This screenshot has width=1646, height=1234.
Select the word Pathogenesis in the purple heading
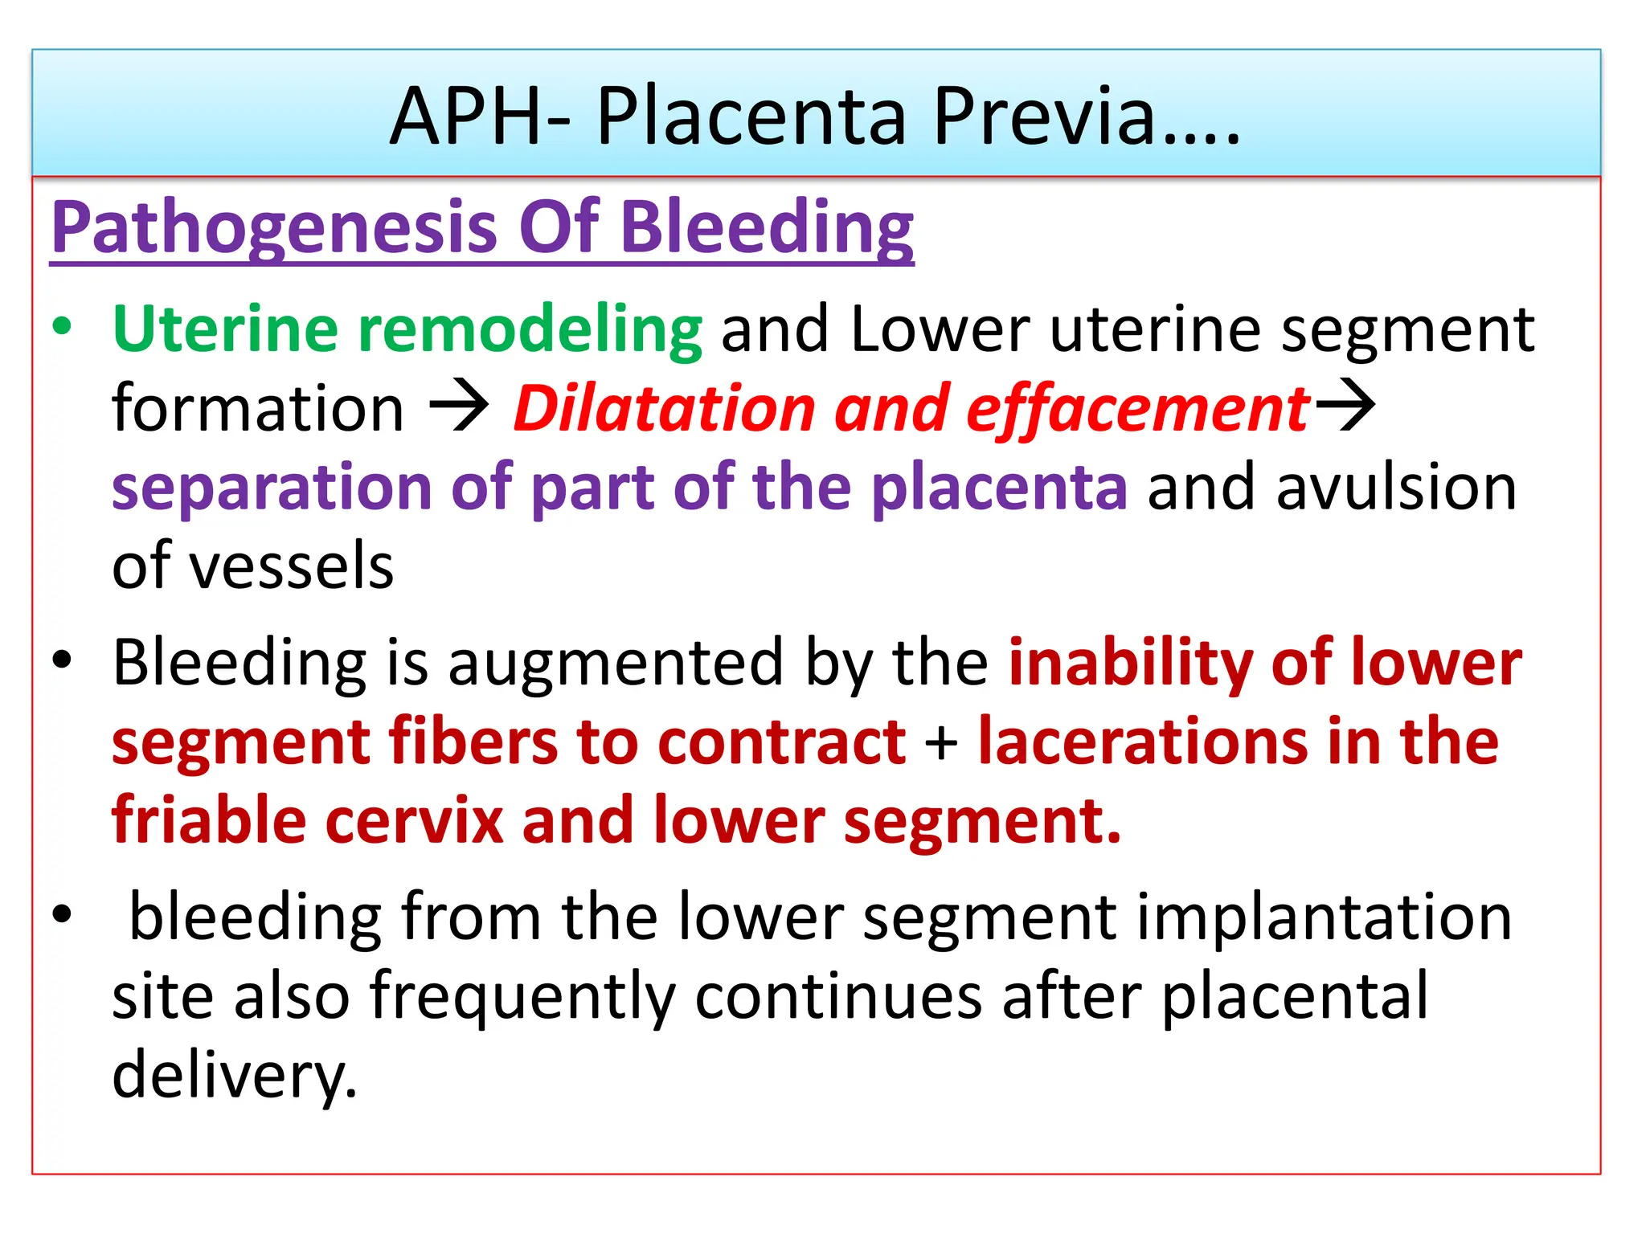tap(273, 228)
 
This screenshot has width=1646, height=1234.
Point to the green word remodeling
tap(530, 329)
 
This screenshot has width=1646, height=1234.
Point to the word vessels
tap(293, 566)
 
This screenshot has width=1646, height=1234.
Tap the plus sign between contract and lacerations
tap(941, 742)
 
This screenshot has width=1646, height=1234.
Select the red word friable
tap(209, 820)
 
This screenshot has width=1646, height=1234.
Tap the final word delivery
tap(234, 1075)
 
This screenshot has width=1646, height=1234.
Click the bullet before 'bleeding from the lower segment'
tap(62, 914)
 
